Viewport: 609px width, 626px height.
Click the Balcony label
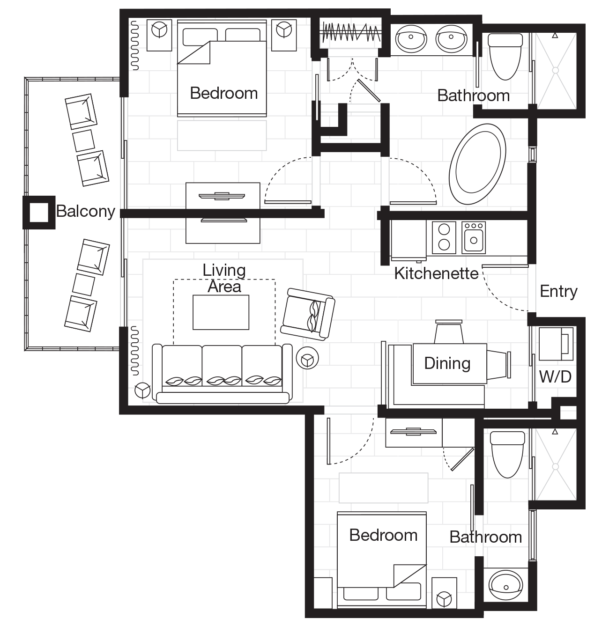(86, 212)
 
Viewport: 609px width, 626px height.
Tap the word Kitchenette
(436, 274)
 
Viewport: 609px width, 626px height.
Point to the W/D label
(555, 377)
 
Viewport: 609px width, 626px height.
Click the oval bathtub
(477, 164)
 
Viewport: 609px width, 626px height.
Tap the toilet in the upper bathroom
(505, 56)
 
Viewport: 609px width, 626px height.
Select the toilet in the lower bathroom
(507, 454)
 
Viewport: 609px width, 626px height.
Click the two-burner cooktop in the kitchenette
(444, 237)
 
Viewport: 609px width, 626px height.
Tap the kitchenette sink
(474, 237)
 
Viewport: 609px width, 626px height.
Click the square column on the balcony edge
(39, 213)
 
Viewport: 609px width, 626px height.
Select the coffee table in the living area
(221, 312)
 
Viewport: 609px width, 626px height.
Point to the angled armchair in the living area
(307, 314)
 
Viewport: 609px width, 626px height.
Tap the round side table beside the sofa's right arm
(307, 358)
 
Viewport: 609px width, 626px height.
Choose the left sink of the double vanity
(411, 38)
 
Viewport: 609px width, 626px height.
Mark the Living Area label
(224, 279)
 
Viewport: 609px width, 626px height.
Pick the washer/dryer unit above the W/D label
(556, 344)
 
